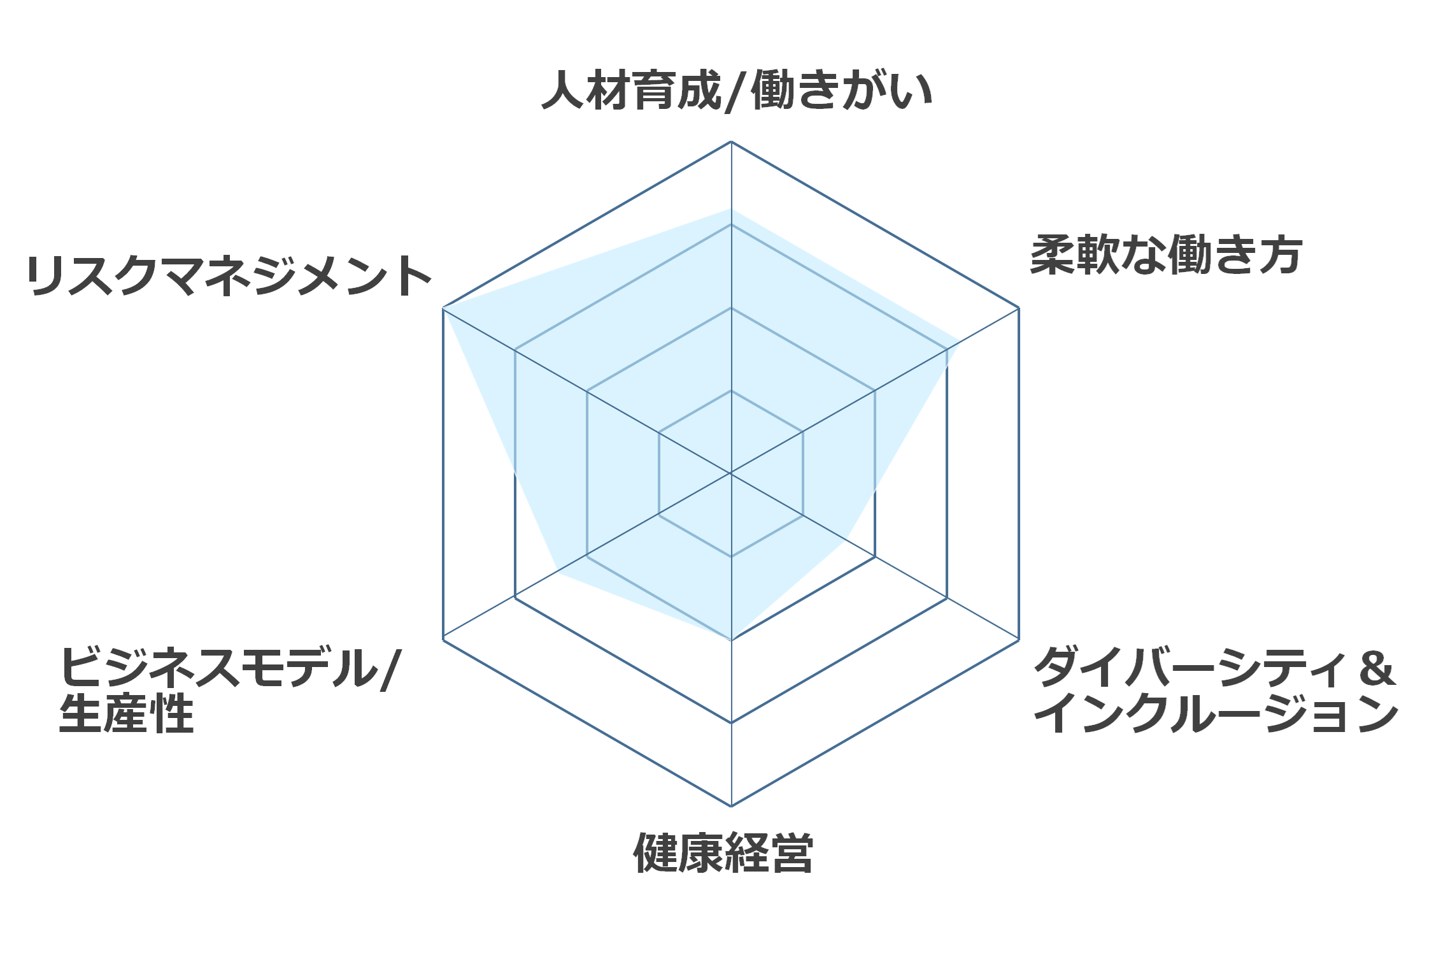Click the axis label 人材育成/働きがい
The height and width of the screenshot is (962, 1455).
[737, 90]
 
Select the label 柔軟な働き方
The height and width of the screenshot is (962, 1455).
[1166, 255]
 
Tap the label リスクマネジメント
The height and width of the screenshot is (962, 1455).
[229, 275]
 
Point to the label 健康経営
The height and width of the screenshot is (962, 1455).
[723, 852]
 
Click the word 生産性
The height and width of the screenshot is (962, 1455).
[126, 714]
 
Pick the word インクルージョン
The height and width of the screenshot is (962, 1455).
[1216, 714]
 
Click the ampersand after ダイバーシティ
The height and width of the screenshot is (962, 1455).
[1377, 669]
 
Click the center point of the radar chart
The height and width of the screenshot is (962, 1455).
[731, 473]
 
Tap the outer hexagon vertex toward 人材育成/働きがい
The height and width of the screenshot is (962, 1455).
[731, 141]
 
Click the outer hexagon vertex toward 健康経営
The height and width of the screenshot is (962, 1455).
[731, 806]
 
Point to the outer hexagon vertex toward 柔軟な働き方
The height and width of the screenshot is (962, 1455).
[1019, 308]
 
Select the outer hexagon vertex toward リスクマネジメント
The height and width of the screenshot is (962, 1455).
[443, 308]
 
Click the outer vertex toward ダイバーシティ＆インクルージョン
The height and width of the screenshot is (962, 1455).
[1019, 640]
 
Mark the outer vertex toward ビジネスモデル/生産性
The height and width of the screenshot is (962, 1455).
[443, 640]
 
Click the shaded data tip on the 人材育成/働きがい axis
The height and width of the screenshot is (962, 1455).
[731, 209]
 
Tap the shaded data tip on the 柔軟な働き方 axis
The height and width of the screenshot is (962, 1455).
[959, 342]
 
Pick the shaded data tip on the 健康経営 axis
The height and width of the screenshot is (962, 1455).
[731, 640]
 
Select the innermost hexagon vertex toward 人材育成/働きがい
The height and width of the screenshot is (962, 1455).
[731, 391]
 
